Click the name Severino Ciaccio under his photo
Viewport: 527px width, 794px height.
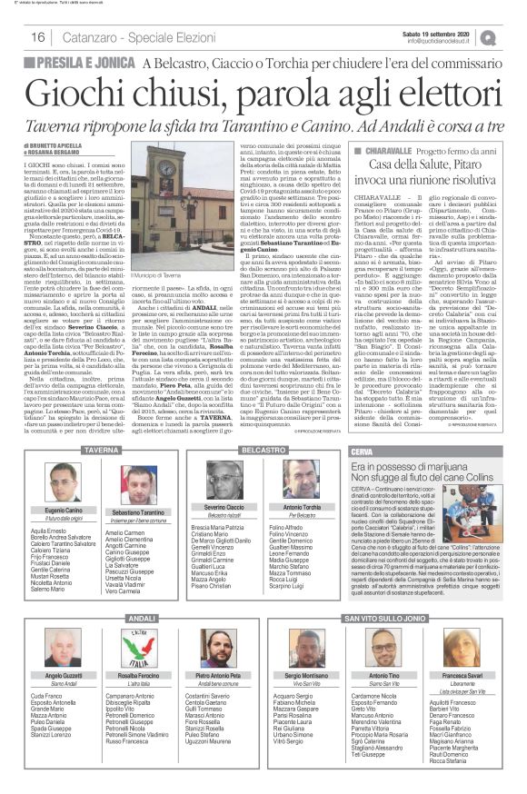(x=222, y=505)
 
